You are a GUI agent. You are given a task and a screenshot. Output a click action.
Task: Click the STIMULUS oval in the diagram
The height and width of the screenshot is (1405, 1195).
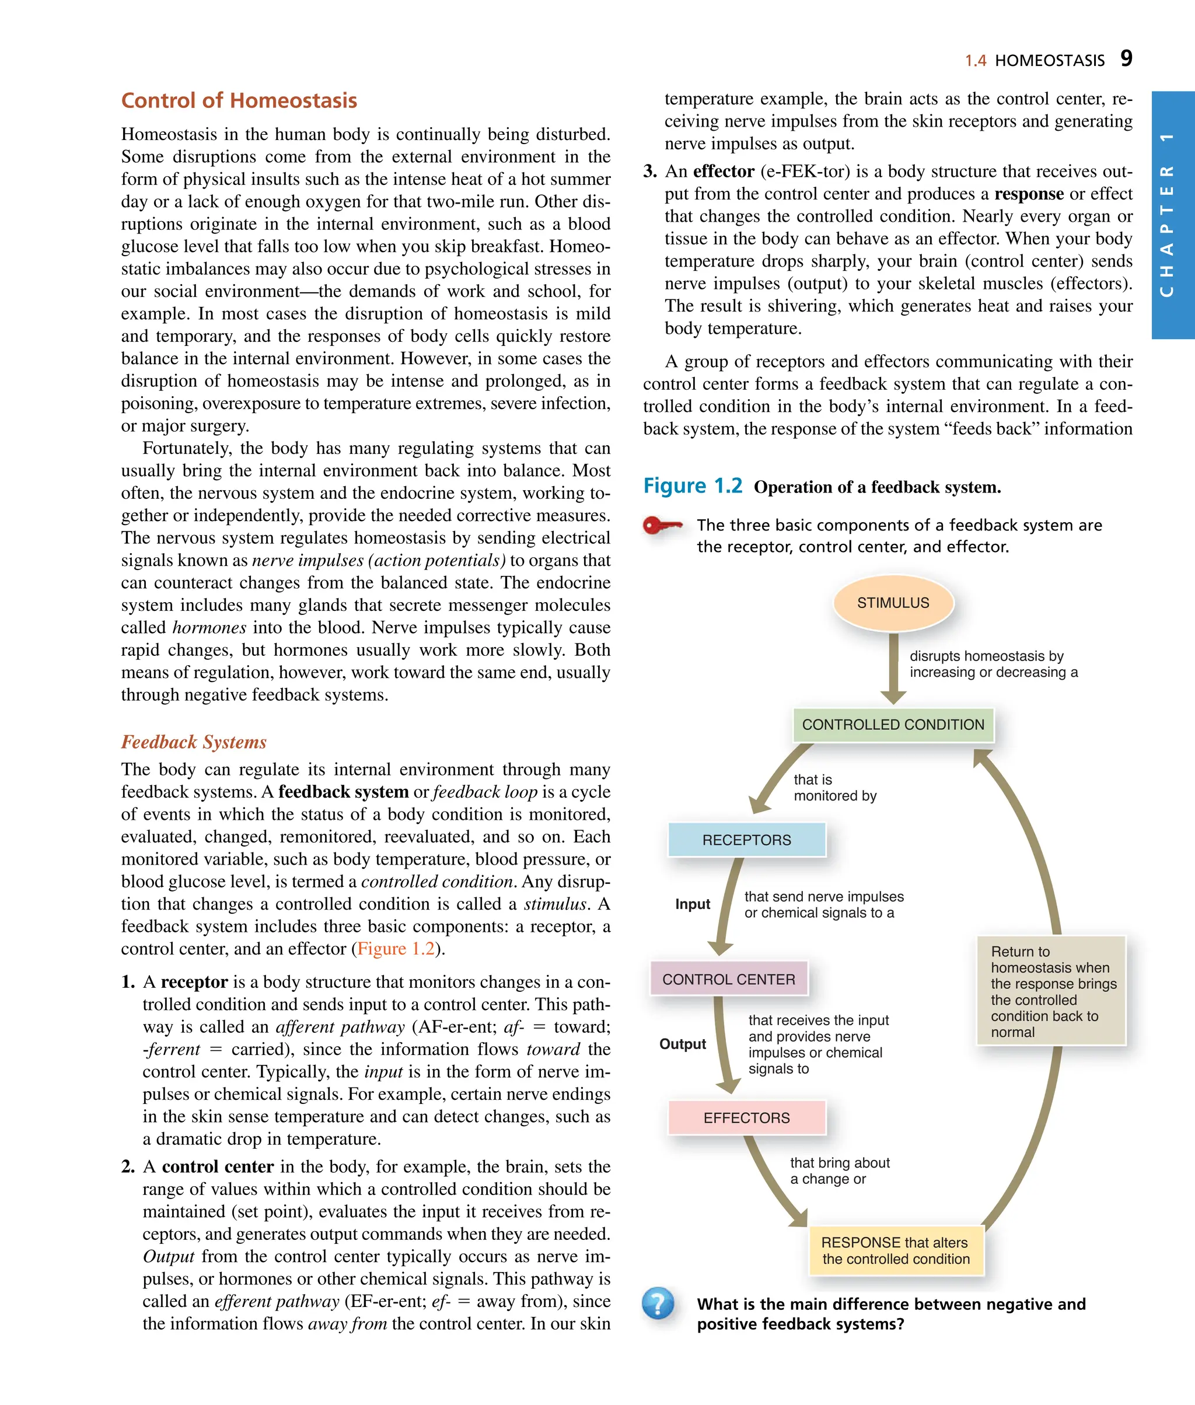893,603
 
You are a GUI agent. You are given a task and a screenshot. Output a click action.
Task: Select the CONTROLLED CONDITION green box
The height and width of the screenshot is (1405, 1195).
893,724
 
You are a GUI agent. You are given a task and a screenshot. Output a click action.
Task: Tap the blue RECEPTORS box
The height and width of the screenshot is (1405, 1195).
746,840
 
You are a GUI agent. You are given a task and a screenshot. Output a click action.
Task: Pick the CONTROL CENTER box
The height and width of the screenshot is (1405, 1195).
728,979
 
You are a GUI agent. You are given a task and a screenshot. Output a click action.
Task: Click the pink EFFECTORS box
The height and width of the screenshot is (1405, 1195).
746,1118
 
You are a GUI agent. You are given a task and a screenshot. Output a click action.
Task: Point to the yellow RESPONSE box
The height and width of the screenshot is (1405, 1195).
896,1250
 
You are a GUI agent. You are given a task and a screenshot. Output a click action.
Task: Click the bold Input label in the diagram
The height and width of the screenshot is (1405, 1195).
693,904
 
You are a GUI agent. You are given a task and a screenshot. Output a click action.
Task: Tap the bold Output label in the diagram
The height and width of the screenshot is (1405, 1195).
682,1044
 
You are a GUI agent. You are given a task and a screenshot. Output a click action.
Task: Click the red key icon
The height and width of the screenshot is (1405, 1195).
662,526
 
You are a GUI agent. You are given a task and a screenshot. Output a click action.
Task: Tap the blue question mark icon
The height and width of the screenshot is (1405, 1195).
658,1303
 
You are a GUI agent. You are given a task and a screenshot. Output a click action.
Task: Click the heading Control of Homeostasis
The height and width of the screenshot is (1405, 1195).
239,100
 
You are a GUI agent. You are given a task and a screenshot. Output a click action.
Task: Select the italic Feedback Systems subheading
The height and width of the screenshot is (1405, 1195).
194,742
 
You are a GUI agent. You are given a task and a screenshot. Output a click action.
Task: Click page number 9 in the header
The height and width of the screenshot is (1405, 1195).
1126,58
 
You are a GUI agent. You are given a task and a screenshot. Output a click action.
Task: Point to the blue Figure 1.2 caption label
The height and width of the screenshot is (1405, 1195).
693,485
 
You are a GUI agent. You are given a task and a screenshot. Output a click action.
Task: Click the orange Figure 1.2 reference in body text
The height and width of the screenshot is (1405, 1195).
396,948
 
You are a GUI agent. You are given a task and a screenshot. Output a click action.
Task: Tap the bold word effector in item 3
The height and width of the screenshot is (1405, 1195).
724,172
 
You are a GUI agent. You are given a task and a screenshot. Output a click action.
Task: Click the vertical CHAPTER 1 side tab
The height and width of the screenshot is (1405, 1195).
1173,215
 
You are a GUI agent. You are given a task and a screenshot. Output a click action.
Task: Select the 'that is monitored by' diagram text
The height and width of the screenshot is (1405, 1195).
834,788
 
